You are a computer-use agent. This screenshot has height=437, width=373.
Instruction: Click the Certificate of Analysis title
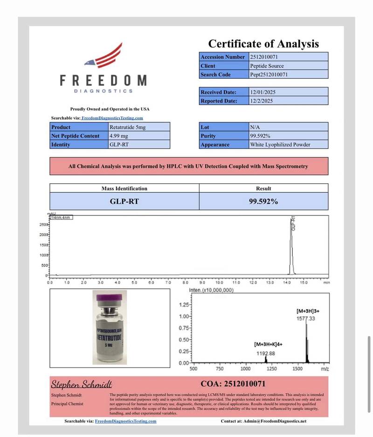click(x=263, y=44)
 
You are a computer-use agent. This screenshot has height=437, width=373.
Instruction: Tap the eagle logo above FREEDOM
click(x=104, y=55)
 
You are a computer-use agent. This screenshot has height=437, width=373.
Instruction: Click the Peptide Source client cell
click(x=267, y=66)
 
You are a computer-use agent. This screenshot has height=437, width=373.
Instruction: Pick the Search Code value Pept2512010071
click(x=269, y=75)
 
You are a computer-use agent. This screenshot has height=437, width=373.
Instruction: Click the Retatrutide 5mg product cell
click(x=127, y=127)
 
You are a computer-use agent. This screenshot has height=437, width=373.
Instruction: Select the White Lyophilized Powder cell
click(x=280, y=145)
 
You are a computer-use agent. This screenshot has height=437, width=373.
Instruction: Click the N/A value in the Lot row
click(x=255, y=127)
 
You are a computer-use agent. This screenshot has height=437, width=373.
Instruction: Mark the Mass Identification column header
click(x=124, y=188)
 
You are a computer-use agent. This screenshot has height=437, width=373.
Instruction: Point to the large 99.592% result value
click(x=263, y=201)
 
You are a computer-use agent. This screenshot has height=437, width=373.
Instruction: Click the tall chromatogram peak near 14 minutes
click(x=291, y=247)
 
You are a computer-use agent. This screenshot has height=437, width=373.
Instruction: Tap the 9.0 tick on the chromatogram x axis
click(x=202, y=283)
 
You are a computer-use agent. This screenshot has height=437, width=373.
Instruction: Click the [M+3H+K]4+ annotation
click(x=268, y=344)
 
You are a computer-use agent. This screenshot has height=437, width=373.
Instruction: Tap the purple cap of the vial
click(x=110, y=297)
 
